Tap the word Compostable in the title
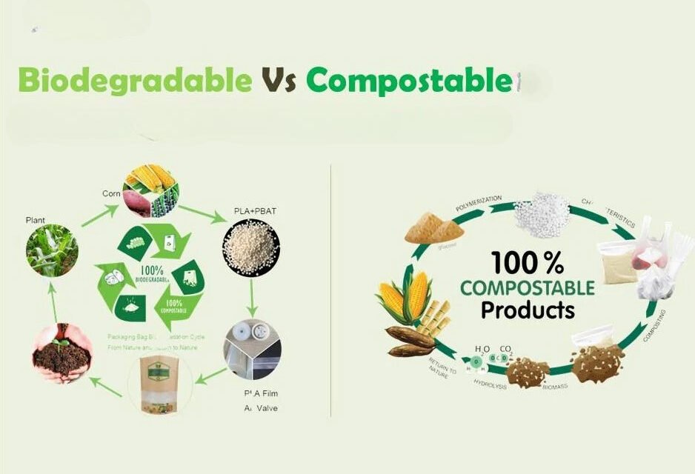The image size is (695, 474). pyautogui.click(x=409, y=80)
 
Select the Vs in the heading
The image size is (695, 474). pyautogui.click(x=279, y=80)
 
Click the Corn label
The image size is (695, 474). pyautogui.click(x=111, y=193)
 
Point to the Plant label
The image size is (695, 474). pyautogui.click(x=35, y=220)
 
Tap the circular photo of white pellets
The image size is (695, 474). pyautogui.click(x=250, y=250)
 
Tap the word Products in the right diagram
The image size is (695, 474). pyautogui.click(x=528, y=309)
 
